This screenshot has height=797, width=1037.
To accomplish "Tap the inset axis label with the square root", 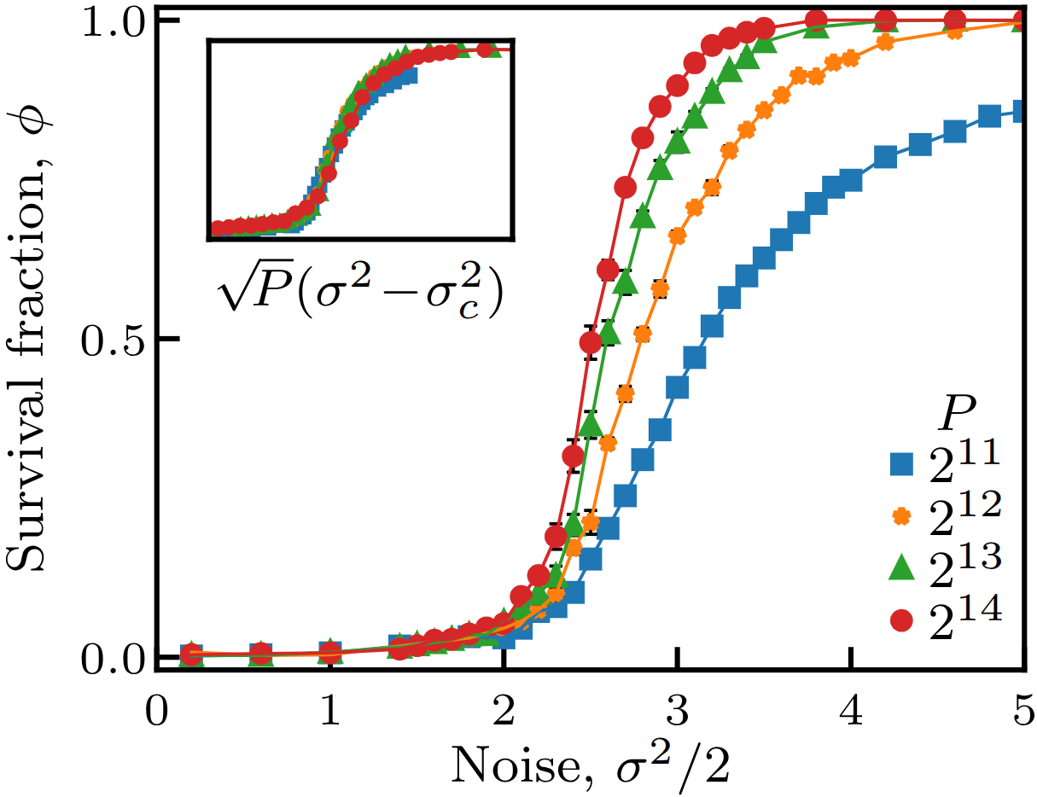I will (x=359, y=285).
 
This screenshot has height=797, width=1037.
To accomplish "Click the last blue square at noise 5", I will (x=1017, y=112).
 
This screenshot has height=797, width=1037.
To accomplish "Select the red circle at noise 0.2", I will (x=192, y=654).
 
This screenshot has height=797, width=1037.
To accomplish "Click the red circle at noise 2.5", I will (x=591, y=342).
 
